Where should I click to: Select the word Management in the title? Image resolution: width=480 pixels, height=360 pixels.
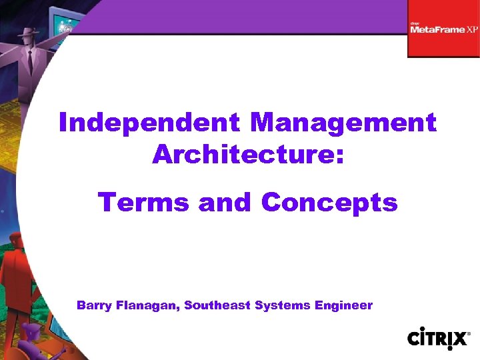343,123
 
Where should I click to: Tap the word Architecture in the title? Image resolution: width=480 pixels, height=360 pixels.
243,155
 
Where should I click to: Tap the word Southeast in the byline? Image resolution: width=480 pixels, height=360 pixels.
213,305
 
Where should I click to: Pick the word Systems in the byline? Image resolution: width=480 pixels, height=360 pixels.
275,305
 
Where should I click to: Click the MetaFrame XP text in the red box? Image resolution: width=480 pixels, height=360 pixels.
443,29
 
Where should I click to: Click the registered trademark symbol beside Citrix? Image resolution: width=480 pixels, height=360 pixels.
468,331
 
